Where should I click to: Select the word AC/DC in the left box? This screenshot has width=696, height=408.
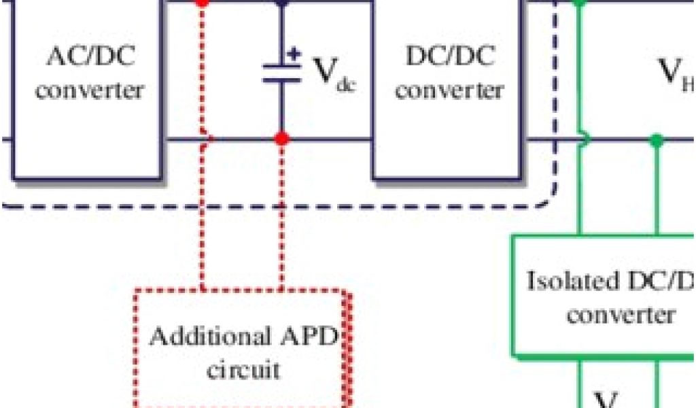point(90,56)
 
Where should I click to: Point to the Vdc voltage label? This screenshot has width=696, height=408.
point(333,71)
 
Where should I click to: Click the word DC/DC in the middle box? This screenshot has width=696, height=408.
point(449,56)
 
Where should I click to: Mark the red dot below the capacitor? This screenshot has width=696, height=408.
point(281,139)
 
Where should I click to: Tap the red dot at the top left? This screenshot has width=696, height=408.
point(202,2)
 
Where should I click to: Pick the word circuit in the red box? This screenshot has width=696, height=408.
point(243,371)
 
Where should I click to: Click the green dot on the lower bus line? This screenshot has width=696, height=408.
point(656,141)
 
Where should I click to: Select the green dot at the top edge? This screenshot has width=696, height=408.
point(579,2)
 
